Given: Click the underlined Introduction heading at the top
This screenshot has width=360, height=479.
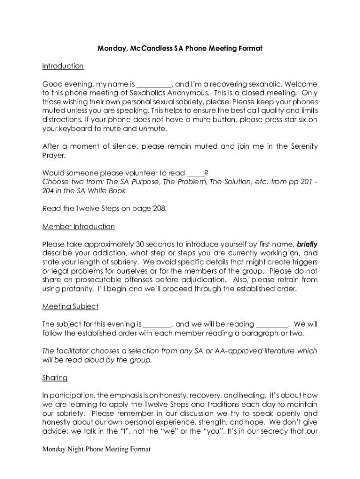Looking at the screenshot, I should tap(63, 66).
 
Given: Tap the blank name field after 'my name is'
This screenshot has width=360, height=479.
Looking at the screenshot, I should tap(154, 85).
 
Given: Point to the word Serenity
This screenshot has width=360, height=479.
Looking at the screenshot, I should tap(300, 146).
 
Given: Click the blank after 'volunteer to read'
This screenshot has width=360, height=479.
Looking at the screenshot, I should tap(195, 173).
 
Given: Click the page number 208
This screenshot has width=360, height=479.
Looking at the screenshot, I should tap(157, 209).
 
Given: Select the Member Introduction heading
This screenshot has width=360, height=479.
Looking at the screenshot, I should tap(78, 226).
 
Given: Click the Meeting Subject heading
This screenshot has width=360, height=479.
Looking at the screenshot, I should tap(70, 306).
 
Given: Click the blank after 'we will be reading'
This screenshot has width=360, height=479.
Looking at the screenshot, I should tap(272, 324).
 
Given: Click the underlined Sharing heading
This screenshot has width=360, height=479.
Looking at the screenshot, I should tap(55, 377).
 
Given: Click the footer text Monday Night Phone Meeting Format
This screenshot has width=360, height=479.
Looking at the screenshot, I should tap(96, 450).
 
